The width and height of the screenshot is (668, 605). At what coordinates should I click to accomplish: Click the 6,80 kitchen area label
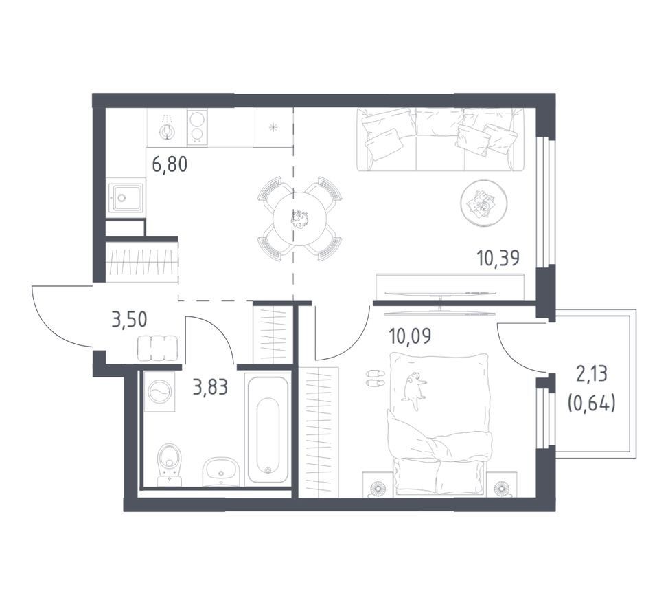pos(170,164)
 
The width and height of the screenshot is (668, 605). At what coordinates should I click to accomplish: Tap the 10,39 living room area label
pos(498,258)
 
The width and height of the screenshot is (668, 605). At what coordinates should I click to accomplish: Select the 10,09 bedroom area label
pos(410,335)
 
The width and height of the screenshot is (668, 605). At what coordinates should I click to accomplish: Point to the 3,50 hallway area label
pos(129,319)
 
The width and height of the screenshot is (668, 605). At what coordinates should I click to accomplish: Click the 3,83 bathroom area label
pos(211,388)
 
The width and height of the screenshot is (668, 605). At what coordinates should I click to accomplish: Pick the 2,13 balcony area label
pos(592,375)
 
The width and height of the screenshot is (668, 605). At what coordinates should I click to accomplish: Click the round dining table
pos(301,219)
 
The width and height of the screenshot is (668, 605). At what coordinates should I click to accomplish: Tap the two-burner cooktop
pos(196,126)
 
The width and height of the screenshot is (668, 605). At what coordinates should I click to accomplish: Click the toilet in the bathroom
pos(169,465)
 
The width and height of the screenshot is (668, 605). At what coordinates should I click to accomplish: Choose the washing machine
pos(160,391)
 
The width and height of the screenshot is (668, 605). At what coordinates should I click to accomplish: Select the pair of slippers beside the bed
pos(376,378)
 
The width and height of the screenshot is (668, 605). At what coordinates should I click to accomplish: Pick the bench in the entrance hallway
pos(157,347)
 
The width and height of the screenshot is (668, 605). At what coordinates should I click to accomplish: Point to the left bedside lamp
pos(376,488)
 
